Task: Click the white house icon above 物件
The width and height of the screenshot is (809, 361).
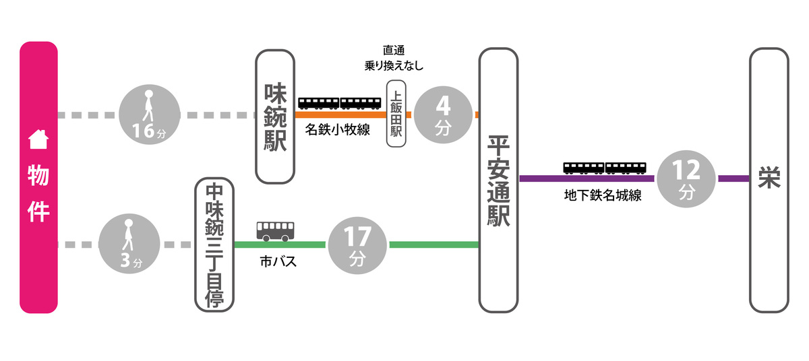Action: click(38, 139)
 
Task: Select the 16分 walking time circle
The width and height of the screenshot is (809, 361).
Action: click(149, 115)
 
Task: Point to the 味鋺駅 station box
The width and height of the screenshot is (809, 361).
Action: click(276, 117)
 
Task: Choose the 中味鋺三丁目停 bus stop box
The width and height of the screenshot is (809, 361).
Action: click(214, 244)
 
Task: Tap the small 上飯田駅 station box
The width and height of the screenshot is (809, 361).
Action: click(396, 114)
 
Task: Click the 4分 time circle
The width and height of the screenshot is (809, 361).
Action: click(442, 114)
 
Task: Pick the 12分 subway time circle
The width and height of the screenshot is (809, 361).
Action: click(686, 178)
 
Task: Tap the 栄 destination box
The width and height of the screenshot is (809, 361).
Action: click(769, 178)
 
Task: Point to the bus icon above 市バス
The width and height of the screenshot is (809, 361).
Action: click(275, 231)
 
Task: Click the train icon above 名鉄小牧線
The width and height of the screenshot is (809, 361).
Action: click(340, 103)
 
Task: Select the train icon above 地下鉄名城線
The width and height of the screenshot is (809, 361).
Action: click(605, 168)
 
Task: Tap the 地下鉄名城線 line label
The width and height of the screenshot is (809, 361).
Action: click(602, 196)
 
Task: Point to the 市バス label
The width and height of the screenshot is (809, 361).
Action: click(278, 262)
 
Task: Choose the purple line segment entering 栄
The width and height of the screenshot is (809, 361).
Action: click(733, 178)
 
